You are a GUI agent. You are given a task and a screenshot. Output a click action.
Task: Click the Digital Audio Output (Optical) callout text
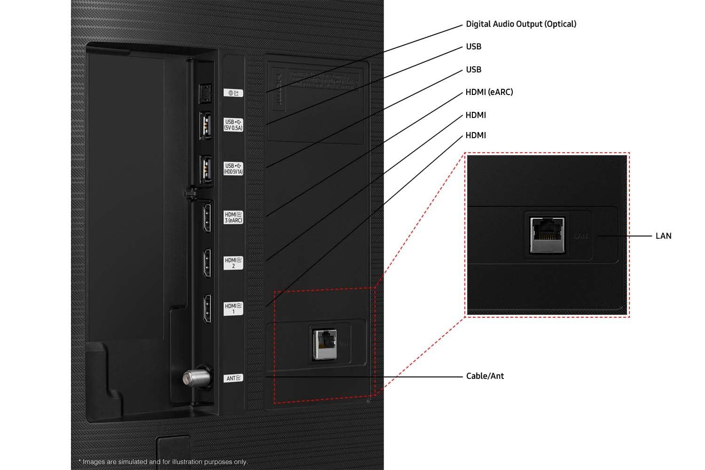521,24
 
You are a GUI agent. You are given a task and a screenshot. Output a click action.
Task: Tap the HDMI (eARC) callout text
489,92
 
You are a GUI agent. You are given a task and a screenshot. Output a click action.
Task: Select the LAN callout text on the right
663,236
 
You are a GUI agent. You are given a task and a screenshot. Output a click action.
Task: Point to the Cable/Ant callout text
485,376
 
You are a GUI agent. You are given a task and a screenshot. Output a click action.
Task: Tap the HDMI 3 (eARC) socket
206,217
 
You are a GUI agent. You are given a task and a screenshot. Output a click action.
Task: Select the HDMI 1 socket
206,308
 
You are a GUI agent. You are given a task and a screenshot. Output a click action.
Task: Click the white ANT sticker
234,378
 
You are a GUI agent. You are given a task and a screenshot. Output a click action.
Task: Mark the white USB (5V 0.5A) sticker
233,125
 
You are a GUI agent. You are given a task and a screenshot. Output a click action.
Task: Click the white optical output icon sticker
233,93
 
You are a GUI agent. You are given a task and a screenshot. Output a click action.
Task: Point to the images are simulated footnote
163,462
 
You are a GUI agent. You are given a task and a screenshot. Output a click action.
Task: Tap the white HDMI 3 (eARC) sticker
233,218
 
